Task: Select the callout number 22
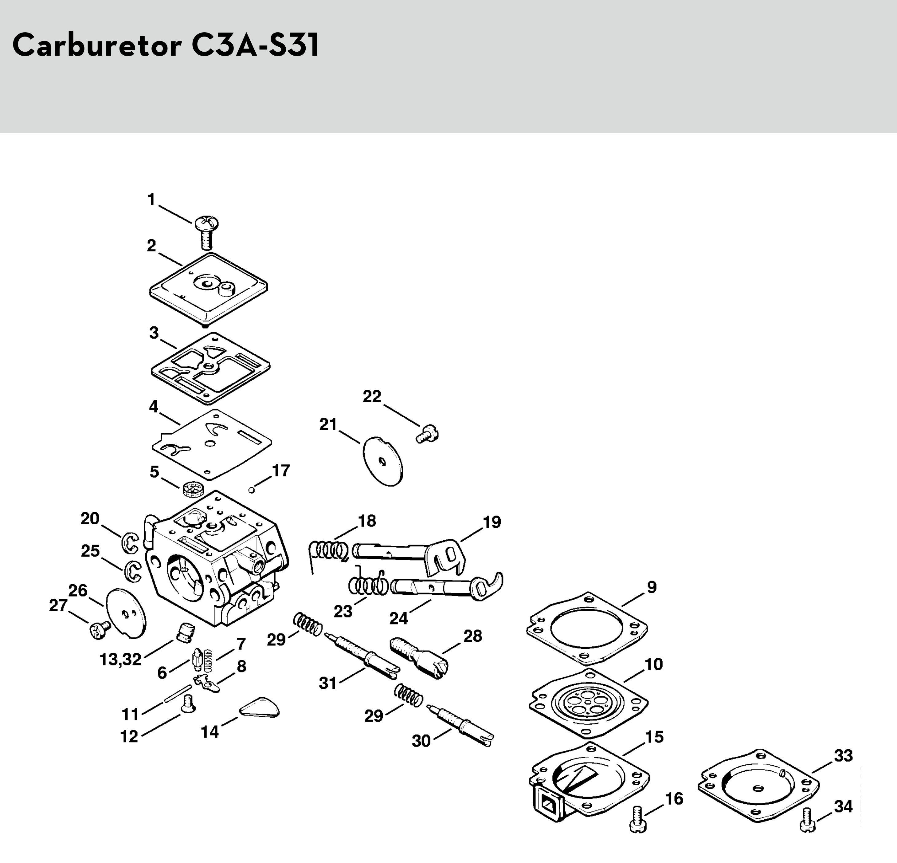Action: pos(372,396)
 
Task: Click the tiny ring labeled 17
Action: pos(251,490)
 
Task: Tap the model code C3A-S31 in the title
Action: pos(255,45)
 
